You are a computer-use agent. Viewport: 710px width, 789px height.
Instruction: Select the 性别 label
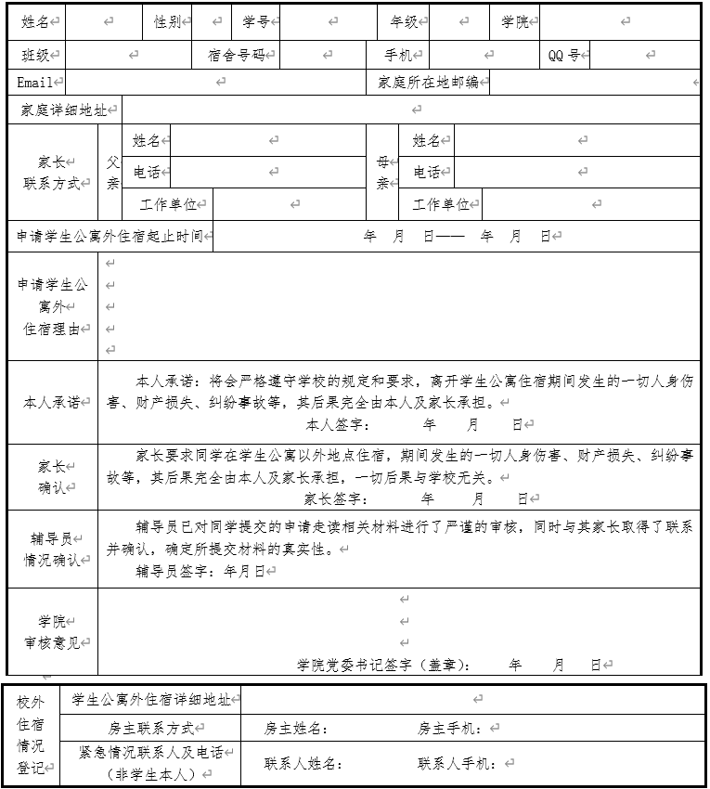click(168, 21)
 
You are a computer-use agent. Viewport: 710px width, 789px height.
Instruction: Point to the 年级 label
click(404, 21)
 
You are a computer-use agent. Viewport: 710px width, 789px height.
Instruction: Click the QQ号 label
click(563, 56)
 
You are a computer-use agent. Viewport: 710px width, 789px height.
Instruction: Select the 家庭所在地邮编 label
click(428, 83)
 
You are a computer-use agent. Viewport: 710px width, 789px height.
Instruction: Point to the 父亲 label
click(112, 173)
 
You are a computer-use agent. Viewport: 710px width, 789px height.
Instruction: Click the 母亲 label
click(382, 173)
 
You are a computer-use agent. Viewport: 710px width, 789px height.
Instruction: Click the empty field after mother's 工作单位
click(591, 204)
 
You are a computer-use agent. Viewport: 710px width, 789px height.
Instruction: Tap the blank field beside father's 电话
click(269, 172)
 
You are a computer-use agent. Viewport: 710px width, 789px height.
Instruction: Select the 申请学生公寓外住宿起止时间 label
click(110, 236)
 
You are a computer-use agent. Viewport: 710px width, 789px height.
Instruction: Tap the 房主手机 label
click(448, 729)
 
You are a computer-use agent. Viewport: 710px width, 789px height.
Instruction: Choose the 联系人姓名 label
click(303, 764)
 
